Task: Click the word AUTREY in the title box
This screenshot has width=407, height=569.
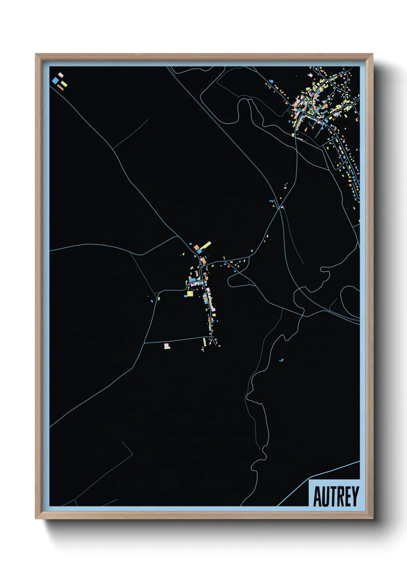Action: (336, 496)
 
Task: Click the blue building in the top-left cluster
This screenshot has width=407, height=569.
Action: (56, 80)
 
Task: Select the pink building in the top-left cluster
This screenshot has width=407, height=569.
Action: (60, 75)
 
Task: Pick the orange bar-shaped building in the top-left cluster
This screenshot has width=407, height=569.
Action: (60, 88)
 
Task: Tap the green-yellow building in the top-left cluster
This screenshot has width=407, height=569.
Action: (64, 83)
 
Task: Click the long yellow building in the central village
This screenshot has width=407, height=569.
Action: (205, 245)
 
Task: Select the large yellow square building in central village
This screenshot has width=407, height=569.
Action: (190, 294)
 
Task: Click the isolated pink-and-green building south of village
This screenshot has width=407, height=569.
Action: (167, 346)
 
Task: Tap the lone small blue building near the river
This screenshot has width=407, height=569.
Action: (281, 360)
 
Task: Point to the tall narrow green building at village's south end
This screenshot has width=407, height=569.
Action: (205, 342)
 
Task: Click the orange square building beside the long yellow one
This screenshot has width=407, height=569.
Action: (196, 247)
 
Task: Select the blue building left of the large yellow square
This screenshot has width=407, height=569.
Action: (185, 295)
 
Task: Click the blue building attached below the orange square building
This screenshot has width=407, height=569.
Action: (199, 251)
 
